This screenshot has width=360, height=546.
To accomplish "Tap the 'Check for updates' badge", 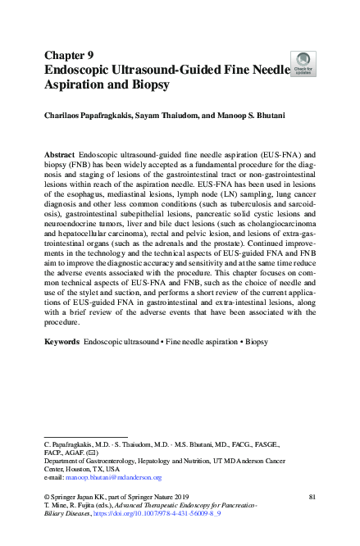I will click(303, 63).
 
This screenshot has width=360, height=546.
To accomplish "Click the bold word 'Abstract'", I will click(61, 154).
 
